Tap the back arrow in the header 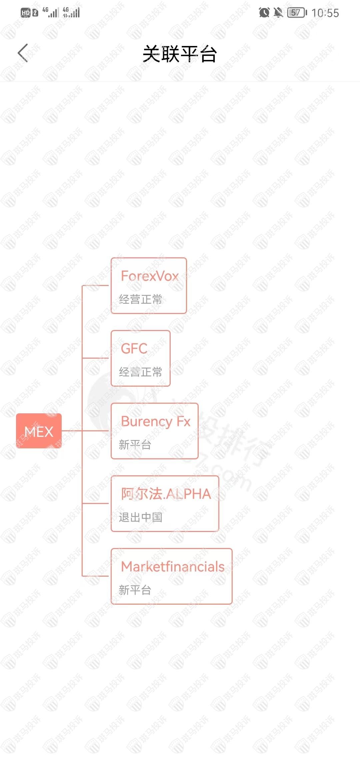coord(23,53)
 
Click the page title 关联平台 coord(180,54)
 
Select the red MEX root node coord(39,431)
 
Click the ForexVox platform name coord(150,276)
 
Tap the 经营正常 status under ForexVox coord(140,299)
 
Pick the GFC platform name coord(134,349)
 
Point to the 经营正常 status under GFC coord(140,372)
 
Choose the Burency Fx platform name coord(156,421)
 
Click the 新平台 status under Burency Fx coord(135,445)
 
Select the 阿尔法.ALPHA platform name coord(166,494)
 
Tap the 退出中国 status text coord(140,517)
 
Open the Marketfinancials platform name coord(173,567)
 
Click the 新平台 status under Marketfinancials coord(135,590)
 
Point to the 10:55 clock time coord(325,13)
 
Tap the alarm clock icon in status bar coord(264,13)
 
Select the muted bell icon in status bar coord(278,13)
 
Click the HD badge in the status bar coord(26,13)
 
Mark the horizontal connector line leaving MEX coord(72,431)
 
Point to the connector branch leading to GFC coord(95,358)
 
